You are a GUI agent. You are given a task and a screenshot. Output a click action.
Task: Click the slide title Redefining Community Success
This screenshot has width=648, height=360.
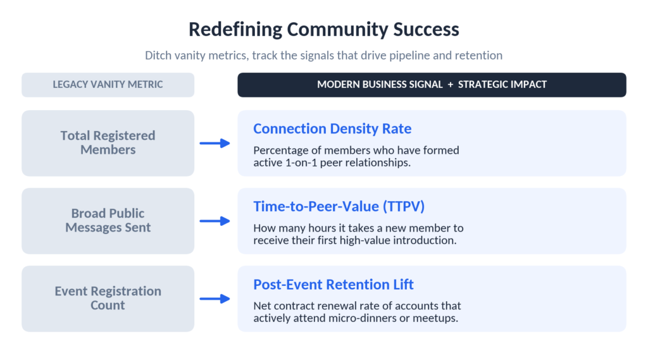[323, 29]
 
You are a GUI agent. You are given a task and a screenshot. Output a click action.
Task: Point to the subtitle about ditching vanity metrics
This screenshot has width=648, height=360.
[323, 56]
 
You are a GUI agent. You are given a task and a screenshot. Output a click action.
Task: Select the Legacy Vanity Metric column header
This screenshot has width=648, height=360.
[108, 85]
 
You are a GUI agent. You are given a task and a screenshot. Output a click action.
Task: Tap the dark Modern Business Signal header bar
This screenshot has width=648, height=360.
[432, 85]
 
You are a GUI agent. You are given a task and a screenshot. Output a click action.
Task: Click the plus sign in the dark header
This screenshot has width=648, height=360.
[450, 85]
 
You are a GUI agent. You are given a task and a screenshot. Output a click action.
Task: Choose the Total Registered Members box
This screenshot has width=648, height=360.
[108, 143]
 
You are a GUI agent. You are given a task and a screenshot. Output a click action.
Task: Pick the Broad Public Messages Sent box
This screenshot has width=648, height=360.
[108, 221]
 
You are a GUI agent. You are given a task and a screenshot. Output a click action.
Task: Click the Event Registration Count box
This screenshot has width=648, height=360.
[108, 299]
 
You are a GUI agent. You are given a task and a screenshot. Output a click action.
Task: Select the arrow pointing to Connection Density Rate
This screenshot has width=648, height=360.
[215, 143]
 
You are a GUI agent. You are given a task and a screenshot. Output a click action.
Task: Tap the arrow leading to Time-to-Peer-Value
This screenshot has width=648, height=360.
[215, 221]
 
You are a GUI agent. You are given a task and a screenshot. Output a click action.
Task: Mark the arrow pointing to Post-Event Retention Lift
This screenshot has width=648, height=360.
[215, 299]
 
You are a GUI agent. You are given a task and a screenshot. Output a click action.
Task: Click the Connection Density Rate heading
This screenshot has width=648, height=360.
[332, 128]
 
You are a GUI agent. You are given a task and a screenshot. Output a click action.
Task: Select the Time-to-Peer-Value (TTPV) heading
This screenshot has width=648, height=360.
[339, 206]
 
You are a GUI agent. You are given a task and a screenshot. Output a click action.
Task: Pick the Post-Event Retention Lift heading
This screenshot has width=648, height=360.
[333, 284]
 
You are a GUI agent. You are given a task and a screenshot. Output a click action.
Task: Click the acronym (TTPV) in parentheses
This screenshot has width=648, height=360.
[404, 206]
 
